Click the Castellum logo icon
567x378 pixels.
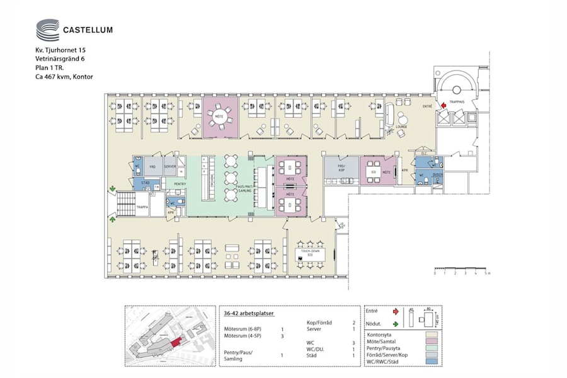[47, 30]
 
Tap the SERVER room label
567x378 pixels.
[170, 167]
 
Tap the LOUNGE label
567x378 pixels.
[401, 127]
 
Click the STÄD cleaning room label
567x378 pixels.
[145, 183]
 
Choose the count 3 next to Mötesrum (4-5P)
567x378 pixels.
[282, 336]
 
